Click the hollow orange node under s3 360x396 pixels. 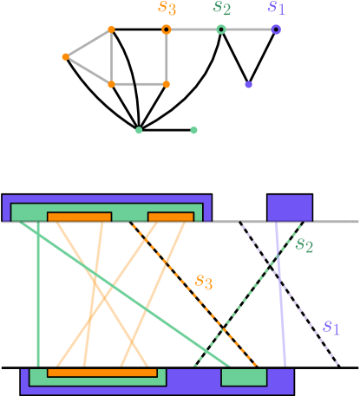point(166,29)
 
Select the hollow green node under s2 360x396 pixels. point(221,29)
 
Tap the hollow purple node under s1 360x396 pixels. point(276,29)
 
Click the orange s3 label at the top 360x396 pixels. point(167,8)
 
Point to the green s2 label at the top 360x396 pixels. point(222,8)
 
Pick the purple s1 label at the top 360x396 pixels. point(276,8)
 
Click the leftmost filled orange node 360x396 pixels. point(65,57)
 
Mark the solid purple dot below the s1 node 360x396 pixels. point(248,85)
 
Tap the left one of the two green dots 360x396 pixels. point(139,131)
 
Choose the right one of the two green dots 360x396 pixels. point(193,131)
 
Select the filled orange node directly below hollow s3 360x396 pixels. point(166,85)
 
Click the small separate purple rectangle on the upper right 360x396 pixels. point(289,208)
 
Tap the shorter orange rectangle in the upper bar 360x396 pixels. point(170,217)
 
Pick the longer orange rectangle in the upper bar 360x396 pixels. point(79,217)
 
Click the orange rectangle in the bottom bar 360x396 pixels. point(102,373)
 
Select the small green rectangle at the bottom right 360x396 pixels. point(244,377)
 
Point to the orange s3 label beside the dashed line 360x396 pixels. point(204,281)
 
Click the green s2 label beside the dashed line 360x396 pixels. point(304,244)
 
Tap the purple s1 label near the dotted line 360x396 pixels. point(331,327)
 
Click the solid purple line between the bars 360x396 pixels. point(280,295)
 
